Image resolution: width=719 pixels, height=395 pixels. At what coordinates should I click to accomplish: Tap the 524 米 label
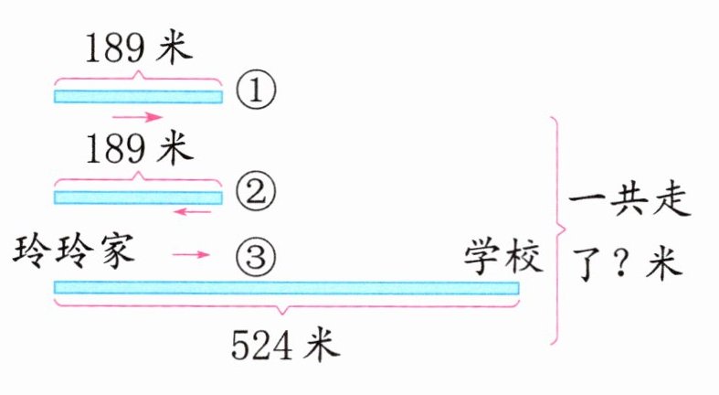(x=284, y=345)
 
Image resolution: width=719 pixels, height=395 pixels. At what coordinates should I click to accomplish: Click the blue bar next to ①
(x=138, y=96)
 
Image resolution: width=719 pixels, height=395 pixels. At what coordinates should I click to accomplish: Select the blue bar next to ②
(x=138, y=197)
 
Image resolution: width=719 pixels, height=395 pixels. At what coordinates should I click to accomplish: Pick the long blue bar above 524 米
(x=286, y=288)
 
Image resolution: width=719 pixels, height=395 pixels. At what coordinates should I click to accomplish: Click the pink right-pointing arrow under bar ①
(x=137, y=117)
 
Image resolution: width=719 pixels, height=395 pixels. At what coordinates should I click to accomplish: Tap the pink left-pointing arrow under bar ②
(x=192, y=212)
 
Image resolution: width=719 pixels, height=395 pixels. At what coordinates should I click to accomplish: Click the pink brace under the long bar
(x=286, y=307)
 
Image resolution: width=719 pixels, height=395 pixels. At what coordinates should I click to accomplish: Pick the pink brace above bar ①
(x=138, y=76)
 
